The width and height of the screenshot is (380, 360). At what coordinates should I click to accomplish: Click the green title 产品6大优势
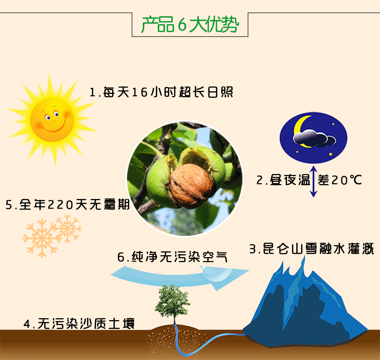[190, 25]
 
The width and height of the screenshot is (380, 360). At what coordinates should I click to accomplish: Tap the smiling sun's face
[52, 120]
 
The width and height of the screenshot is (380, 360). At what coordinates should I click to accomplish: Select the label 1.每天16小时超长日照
[161, 92]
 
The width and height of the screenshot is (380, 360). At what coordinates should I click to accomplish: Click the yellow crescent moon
[301, 131]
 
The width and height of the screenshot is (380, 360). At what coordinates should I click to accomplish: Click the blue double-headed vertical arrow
[313, 181]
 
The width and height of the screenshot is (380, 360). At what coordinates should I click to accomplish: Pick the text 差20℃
[340, 180]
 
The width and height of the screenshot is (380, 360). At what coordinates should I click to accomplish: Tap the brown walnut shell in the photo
[190, 186]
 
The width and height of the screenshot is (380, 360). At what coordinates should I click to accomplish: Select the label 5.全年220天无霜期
[68, 205]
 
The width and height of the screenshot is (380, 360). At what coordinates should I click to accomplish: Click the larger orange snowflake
[42, 238]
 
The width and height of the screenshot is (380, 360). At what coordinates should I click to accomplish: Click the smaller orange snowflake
[68, 228]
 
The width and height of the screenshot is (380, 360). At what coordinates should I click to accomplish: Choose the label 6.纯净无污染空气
[173, 257]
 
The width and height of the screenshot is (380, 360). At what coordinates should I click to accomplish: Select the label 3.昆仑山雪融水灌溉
[312, 248]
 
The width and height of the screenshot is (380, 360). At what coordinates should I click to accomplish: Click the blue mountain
[305, 305]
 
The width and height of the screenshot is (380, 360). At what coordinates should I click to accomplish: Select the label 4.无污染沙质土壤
[79, 323]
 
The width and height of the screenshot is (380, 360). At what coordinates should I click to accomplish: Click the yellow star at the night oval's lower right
[330, 154]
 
